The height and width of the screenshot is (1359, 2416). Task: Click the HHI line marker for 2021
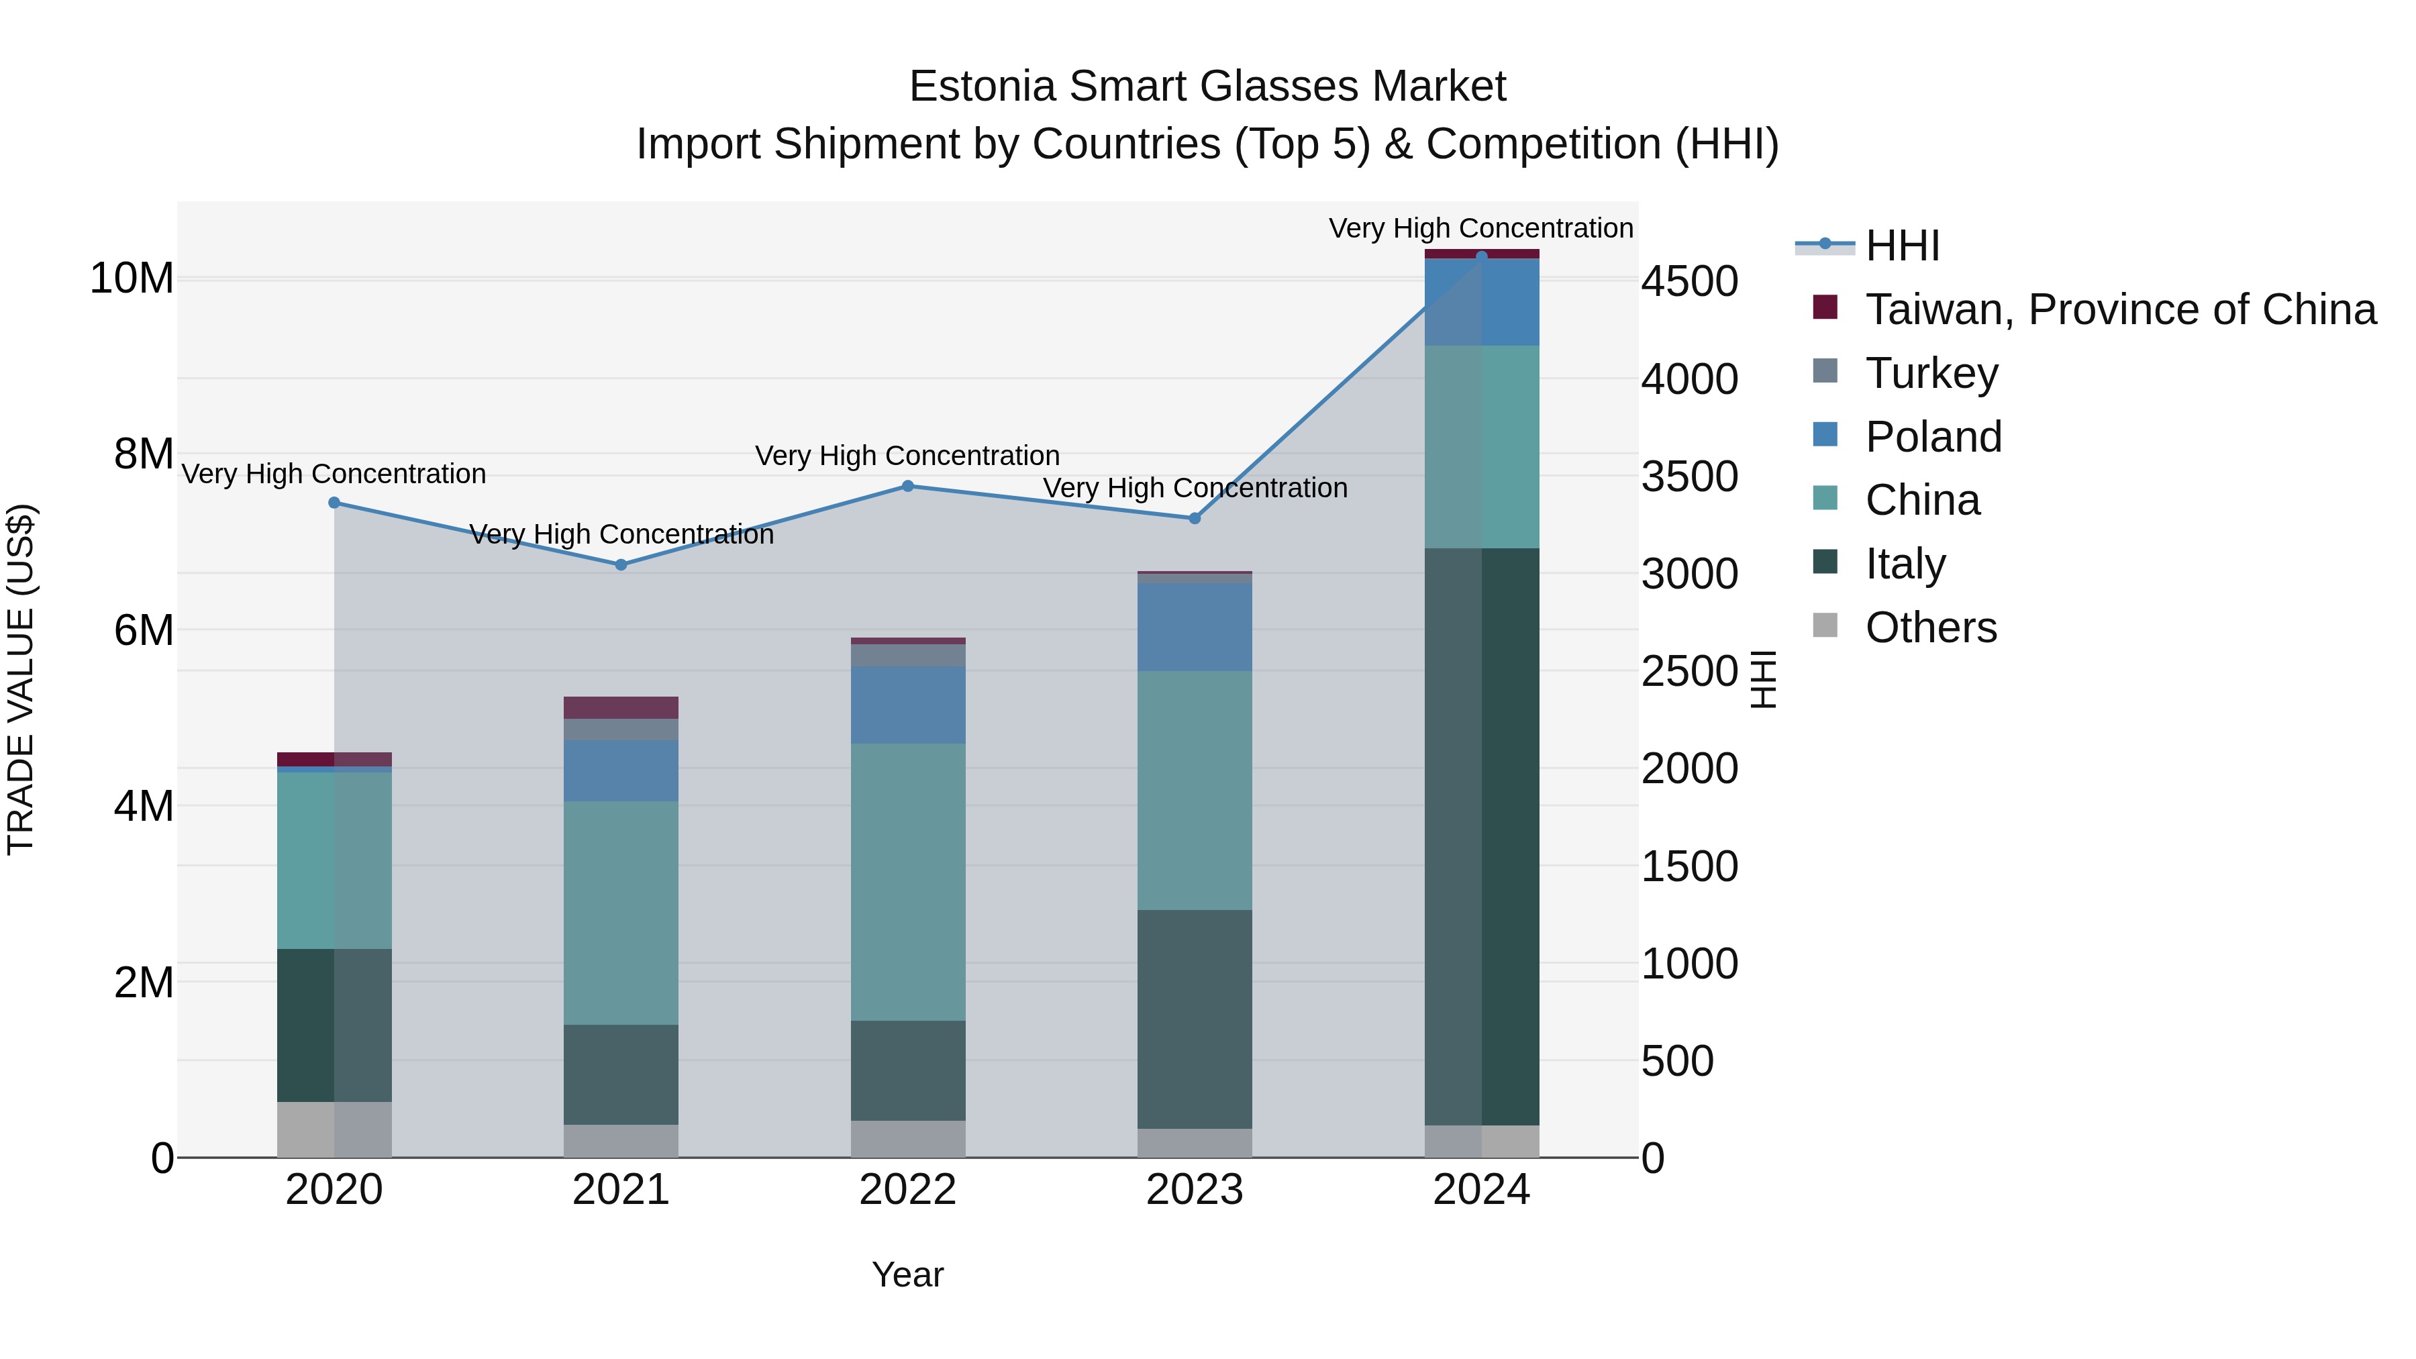coord(621,564)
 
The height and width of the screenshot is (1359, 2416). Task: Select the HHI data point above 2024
coord(1482,256)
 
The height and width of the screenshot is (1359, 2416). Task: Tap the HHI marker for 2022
coord(908,486)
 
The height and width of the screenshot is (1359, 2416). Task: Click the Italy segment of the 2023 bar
coord(1195,1019)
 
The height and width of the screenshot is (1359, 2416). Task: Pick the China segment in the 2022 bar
coord(908,882)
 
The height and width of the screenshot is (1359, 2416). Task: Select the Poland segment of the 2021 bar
coord(621,770)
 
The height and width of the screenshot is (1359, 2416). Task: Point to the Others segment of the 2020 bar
coord(334,1129)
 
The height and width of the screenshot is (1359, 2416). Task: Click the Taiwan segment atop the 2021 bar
coord(621,707)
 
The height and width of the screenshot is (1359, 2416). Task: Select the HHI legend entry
coord(1902,246)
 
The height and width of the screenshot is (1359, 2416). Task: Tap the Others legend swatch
coord(1825,625)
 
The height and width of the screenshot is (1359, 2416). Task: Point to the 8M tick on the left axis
coord(144,454)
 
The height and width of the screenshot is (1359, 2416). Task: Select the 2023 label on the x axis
coord(1195,1190)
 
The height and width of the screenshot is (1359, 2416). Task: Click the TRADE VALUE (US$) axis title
coord(21,679)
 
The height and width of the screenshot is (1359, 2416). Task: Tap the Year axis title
coord(908,1274)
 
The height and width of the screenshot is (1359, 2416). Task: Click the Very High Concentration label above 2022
coord(908,456)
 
